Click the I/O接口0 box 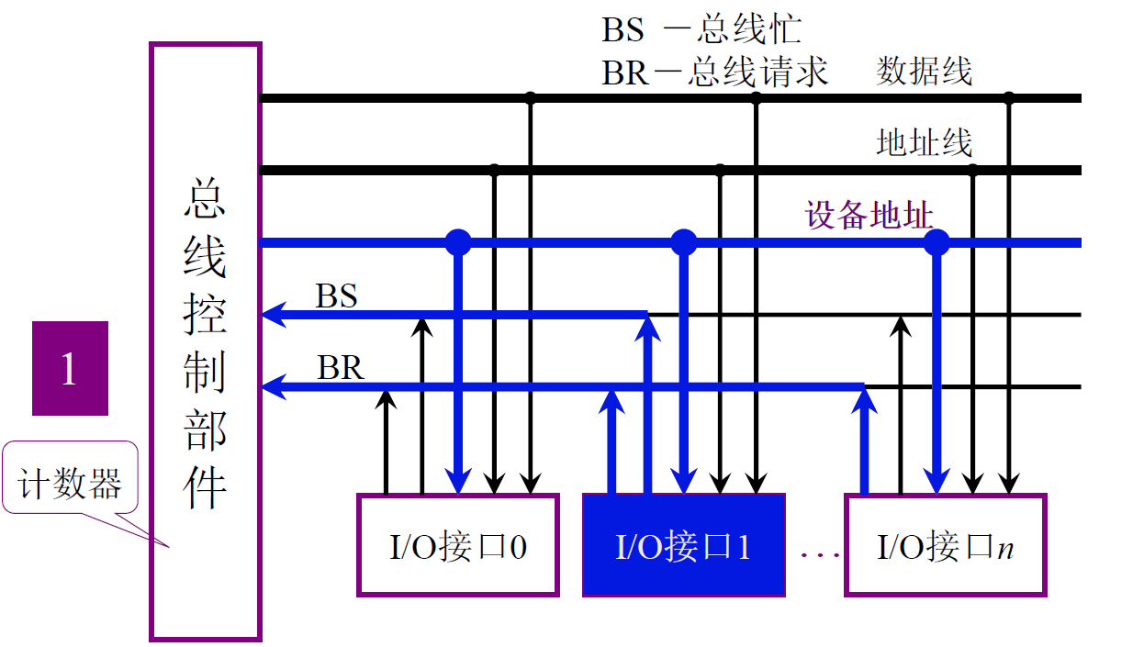pyautogui.click(x=457, y=545)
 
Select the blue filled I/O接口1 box pyautogui.click(x=684, y=545)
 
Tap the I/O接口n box pyautogui.click(x=945, y=545)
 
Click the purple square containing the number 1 pyautogui.click(x=70, y=368)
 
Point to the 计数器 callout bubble pyautogui.click(x=71, y=479)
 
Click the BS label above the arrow pyautogui.click(x=336, y=296)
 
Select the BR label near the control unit pyautogui.click(x=341, y=368)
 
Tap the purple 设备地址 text pyautogui.click(x=869, y=216)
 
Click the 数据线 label pyautogui.click(x=924, y=71)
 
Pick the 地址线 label pyautogui.click(x=924, y=143)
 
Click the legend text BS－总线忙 pyautogui.click(x=701, y=30)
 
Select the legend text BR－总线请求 pyautogui.click(x=715, y=72)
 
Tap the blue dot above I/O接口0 pyautogui.click(x=458, y=242)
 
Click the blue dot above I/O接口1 pyautogui.click(x=684, y=242)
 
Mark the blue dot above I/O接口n pyautogui.click(x=936, y=242)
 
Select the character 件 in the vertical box pyautogui.click(x=206, y=486)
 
